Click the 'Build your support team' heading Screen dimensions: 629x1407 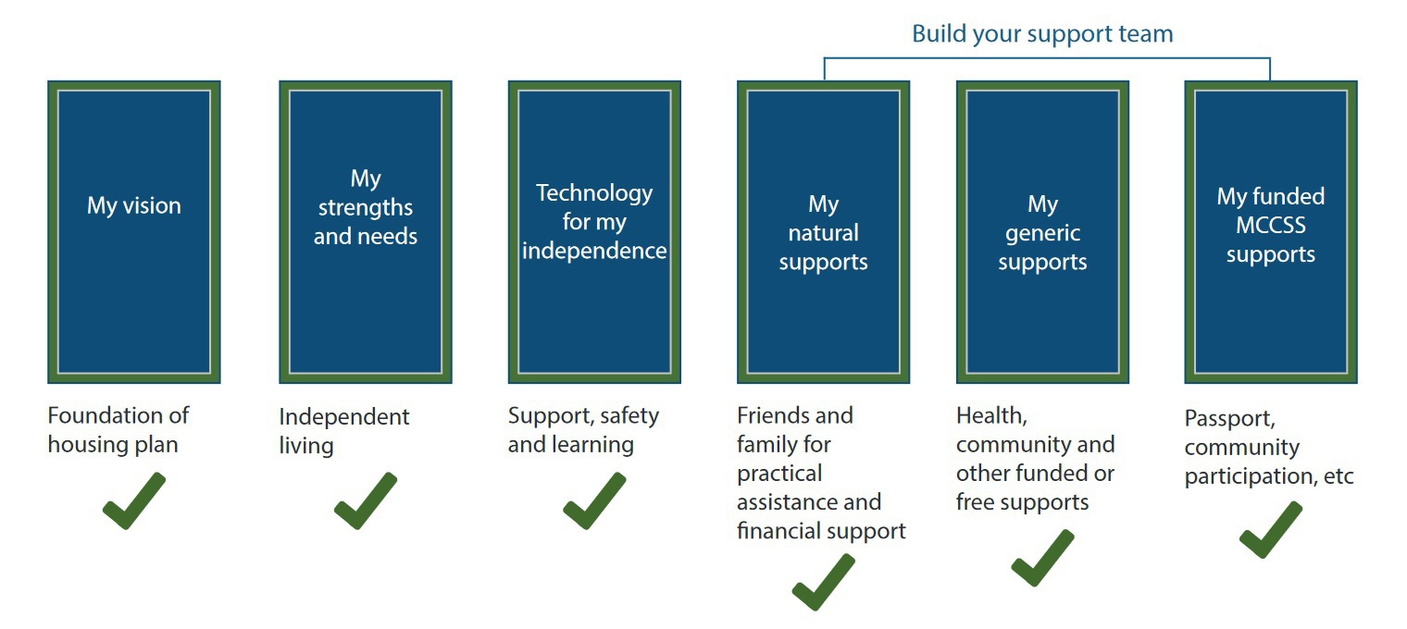click(1042, 34)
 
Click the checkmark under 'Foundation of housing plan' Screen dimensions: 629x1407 click(133, 501)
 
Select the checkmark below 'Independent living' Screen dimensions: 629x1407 click(365, 501)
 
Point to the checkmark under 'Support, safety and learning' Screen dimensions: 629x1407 click(594, 501)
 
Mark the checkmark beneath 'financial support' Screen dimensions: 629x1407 click(823, 582)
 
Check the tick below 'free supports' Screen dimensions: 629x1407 click(1042, 558)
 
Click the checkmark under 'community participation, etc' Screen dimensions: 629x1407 click(1270, 530)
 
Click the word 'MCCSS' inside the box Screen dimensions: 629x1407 click(1271, 226)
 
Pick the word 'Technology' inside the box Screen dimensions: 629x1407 click(594, 193)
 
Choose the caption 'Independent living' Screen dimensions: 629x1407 click(344, 431)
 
